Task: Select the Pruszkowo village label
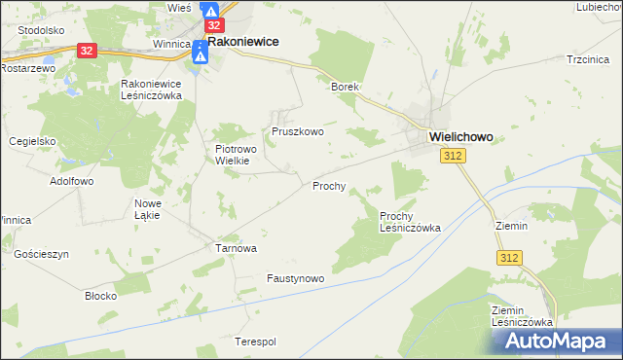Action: point(297,130)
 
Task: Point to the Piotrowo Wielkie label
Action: point(233,156)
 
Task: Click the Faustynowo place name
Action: point(295,278)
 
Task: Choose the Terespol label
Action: point(256,342)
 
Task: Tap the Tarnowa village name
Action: point(236,248)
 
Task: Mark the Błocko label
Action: point(101,295)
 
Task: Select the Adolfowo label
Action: point(71,181)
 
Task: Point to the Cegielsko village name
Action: point(33,141)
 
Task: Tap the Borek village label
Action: point(346,87)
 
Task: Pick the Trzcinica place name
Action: point(587,59)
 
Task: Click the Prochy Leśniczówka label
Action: point(410,222)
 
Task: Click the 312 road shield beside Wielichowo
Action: point(451,157)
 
